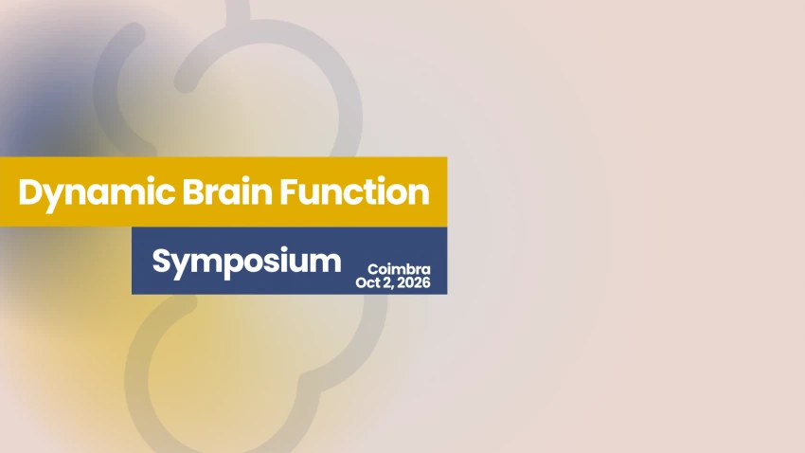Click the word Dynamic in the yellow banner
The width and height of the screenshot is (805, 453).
(x=97, y=194)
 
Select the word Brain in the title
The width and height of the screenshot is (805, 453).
(x=227, y=191)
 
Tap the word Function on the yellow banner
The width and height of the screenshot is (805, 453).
(x=354, y=191)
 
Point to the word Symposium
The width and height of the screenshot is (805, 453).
(x=246, y=263)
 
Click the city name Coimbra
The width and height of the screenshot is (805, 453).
(x=399, y=269)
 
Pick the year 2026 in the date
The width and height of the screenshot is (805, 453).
(x=414, y=282)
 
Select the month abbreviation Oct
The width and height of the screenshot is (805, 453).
(x=367, y=282)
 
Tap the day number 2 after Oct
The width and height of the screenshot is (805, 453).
(x=385, y=282)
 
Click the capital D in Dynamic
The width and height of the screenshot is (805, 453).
(x=29, y=192)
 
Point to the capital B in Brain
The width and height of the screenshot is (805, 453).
(x=192, y=192)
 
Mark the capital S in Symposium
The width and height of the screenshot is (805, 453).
(x=161, y=261)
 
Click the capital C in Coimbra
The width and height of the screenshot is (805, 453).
(x=373, y=269)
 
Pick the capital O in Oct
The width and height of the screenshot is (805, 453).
(x=362, y=282)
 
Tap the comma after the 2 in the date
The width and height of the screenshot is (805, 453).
(x=392, y=287)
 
